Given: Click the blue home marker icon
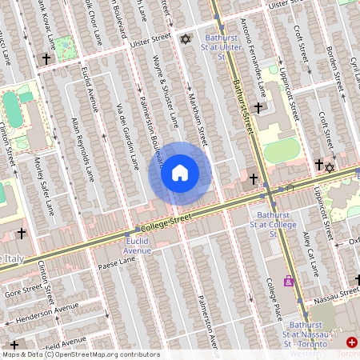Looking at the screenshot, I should tap(180, 173).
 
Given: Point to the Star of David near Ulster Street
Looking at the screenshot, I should tap(186, 40).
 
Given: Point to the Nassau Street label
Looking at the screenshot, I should tap(336, 296).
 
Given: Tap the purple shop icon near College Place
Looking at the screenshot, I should tap(288, 281).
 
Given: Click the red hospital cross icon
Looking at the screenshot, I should tap(353, 342).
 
